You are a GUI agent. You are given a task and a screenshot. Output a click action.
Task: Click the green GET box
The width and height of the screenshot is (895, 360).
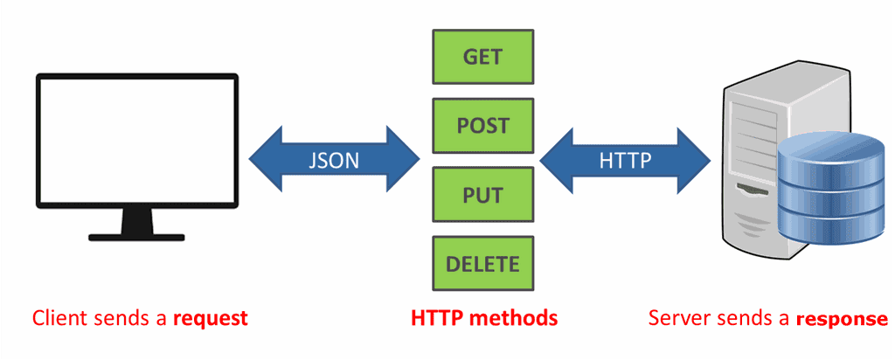tap(482, 57)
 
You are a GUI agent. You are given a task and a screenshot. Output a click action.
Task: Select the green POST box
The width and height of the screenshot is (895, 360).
tap(482, 126)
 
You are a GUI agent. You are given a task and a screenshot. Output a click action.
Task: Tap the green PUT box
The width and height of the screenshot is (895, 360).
tap(482, 195)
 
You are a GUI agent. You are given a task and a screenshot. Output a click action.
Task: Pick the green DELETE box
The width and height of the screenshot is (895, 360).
tap(482, 264)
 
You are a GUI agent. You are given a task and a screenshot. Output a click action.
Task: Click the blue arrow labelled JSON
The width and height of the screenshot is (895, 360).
tap(334, 159)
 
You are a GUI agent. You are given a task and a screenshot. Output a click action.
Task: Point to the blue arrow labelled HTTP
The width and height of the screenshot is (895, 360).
tap(625, 159)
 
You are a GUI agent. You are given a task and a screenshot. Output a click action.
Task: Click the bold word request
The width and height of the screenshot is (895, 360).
tap(211, 318)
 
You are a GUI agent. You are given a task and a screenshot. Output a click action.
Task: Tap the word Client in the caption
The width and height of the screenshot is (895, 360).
tap(55, 317)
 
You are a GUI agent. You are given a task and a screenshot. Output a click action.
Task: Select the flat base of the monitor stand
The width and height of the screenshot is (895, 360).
tap(137, 237)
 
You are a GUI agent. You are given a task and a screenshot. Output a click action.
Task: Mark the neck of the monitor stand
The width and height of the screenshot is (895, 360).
tap(137, 220)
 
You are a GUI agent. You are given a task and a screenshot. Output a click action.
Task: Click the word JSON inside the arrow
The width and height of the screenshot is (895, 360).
tap(334, 160)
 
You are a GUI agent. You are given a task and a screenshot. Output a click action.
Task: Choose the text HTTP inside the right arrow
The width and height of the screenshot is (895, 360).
tap(625, 160)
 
